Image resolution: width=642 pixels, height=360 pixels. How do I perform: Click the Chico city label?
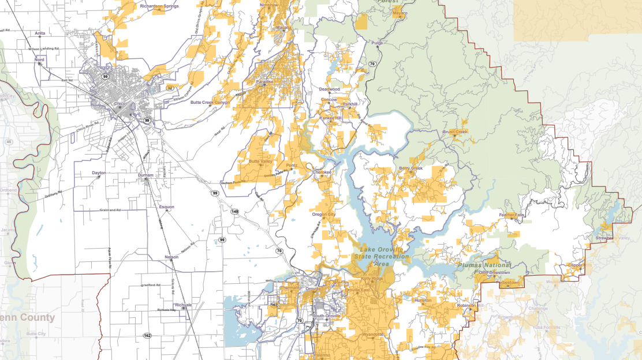(120, 103)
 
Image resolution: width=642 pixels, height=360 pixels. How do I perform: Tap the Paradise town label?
(265, 82)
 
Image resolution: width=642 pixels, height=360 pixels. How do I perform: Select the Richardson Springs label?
(159, 6)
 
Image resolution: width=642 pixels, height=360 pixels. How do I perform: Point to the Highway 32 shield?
(169, 88)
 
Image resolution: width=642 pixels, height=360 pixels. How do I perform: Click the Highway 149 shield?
(235, 212)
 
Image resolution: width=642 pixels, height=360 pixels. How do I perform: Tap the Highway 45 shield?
(9, 141)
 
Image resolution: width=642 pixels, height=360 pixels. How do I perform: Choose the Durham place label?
(145, 175)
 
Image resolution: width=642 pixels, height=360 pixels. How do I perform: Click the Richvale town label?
(183, 304)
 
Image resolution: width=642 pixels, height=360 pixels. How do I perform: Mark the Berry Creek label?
(410, 168)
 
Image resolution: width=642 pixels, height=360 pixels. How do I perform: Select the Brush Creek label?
(454, 132)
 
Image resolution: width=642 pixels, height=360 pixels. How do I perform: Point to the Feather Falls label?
(512, 215)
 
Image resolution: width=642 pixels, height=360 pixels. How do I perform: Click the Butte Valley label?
(260, 162)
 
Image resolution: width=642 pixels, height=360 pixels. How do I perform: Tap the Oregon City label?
(323, 214)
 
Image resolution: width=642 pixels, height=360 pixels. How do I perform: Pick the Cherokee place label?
(322, 172)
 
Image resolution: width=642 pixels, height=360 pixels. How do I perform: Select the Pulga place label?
(378, 43)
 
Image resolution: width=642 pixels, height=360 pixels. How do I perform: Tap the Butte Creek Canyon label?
(210, 103)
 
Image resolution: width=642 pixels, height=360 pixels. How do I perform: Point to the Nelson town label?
(171, 257)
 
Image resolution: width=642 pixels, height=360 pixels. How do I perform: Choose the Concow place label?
(329, 99)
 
